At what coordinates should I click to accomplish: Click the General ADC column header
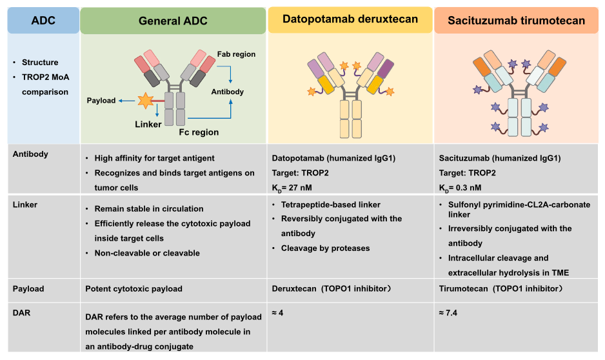tap(173, 21)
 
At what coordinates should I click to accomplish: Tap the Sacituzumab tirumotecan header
tap(519, 21)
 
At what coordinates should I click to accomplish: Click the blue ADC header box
tap(43, 21)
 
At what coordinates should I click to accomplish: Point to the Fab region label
tap(236, 55)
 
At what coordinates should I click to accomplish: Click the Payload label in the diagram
tap(101, 101)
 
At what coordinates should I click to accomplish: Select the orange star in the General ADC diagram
tap(144, 101)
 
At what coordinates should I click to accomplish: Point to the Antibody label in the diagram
tap(228, 92)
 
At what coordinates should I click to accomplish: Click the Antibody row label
tap(31, 154)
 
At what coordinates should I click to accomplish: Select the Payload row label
tap(30, 288)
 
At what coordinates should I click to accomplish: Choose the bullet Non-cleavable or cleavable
tap(147, 254)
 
